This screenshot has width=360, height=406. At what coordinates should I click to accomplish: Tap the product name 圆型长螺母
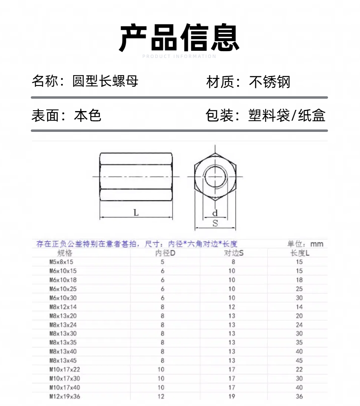pyautogui.click(x=105, y=81)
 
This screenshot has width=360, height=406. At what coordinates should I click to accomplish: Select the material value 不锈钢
pyautogui.click(x=270, y=82)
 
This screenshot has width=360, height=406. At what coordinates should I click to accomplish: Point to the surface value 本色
pyautogui.click(x=88, y=115)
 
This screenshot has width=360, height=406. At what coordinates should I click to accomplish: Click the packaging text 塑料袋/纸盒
pyautogui.click(x=287, y=115)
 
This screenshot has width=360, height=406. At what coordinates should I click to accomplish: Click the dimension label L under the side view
pyautogui.click(x=136, y=213)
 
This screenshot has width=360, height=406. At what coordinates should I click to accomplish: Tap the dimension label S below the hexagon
pyautogui.click(x=215, y=223)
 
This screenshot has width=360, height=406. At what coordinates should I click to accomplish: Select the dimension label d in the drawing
pyautogui.click(x=215, y=213)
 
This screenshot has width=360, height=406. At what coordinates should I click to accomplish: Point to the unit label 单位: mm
pyautogui.click(x=305, y=244)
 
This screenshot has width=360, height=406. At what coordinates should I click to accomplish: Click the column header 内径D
pyautogui.click(x=165, y=253)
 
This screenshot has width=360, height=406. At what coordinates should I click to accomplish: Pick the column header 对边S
pyautogui.click(x=234, y=253)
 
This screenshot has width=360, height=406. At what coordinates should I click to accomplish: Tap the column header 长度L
pyautogui.click(x=300, y=253)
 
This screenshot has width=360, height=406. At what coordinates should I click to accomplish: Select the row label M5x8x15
pyautogui.click(x=62, y=262)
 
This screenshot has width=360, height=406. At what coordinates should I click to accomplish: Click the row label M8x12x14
pyautogui.click(x=63, y=307)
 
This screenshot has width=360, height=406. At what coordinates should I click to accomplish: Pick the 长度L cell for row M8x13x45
pyautogui.click(x=299, y=360)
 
